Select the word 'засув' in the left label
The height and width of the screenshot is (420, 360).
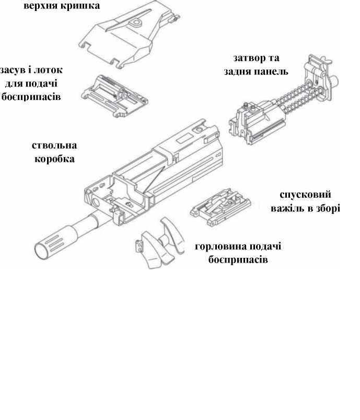[13, 71]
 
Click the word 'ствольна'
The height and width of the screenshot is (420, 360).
[54, 146]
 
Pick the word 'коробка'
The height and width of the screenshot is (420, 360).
[54, 159]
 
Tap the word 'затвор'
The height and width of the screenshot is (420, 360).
[246, 58]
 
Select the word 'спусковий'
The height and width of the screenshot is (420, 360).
[305, 195]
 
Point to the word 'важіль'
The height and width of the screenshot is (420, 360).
[287, 208]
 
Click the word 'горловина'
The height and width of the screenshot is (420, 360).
[221, 246]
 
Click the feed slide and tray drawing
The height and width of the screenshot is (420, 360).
[114, 96]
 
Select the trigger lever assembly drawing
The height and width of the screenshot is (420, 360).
[220, 207]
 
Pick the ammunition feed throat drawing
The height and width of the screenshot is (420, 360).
[160, 243]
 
